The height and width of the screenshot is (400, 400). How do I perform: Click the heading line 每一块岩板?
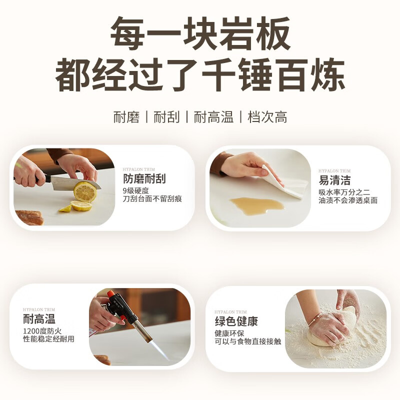click(x=200, y=33)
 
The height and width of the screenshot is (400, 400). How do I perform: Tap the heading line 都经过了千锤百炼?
click(x=200, y=74)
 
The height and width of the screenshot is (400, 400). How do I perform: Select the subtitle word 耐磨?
click(x=126, y=117)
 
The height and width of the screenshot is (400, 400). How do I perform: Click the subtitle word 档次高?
click(x=267, y=117)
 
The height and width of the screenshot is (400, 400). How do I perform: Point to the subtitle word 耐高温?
click(x=213, y=117)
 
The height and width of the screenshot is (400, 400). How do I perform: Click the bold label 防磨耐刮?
click(x=144, y=179)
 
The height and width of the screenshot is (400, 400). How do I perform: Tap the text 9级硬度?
click(x=135, y=191)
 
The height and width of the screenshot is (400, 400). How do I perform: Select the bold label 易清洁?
click(x=334, y=180)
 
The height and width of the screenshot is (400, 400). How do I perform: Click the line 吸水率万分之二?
click(x=344, y=192)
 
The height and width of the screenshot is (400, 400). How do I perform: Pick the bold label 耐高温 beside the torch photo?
click(x=39, y=319)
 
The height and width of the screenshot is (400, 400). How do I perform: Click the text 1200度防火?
click(x=42, y=331)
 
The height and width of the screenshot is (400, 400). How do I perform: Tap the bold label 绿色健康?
click(x=236, y=321)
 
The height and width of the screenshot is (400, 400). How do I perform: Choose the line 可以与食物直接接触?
click(x=247, y=341)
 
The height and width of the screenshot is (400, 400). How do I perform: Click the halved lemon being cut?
click(x=85, y=191)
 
